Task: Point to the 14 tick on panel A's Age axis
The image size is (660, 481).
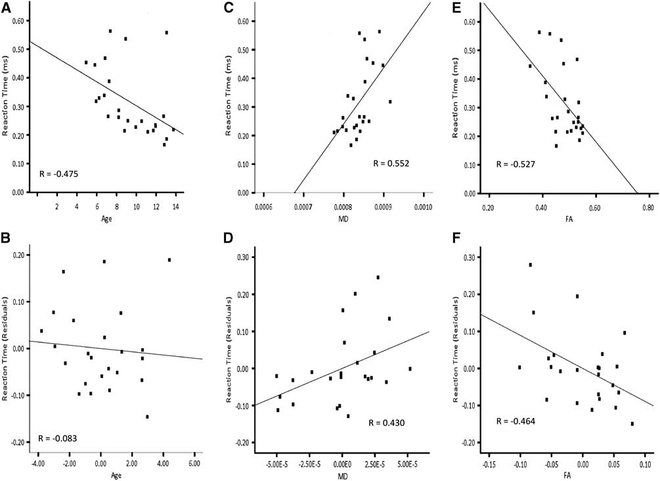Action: (175, 206)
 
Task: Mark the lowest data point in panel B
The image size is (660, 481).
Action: (147, 417)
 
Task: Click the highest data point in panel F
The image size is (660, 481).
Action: (530, 265)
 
